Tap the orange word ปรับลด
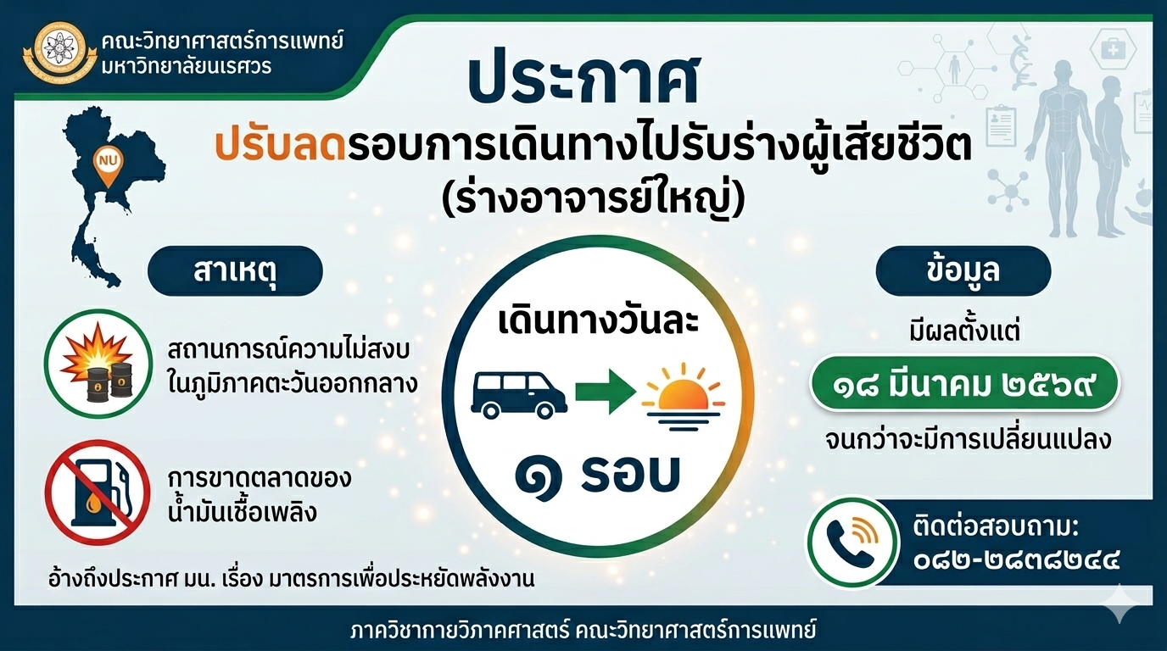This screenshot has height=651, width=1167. (280, 147)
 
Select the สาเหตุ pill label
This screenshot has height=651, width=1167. (236, 271)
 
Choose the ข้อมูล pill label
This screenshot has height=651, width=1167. (963, 271)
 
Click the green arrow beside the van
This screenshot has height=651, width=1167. (606, 392)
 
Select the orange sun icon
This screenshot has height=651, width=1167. (683, 400)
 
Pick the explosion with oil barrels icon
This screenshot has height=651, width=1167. (98, 363)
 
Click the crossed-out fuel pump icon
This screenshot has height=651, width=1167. (98, 492)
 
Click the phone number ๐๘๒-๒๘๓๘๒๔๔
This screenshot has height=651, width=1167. (1016, 562)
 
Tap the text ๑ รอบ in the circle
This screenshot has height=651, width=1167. (598, 476)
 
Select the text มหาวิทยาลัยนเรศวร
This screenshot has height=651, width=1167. (187, 67)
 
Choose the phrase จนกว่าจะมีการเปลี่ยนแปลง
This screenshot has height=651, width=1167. (969, 441)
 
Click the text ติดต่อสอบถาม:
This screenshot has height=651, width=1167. (996, 528)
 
